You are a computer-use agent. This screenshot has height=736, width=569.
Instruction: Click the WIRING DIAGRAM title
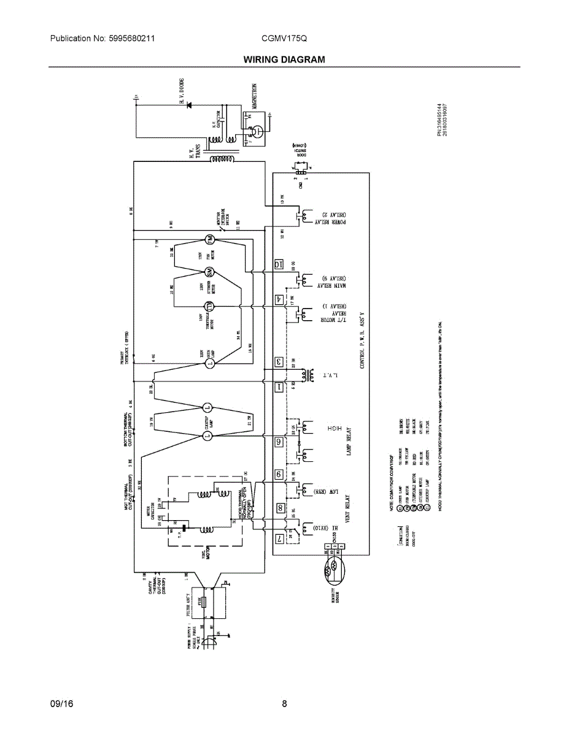pos(284,59)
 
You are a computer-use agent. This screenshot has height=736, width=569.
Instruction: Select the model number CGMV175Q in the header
pos(284,38)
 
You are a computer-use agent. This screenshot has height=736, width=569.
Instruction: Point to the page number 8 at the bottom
pos(284,703)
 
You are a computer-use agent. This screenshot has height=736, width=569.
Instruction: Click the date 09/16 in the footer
pos(61,703)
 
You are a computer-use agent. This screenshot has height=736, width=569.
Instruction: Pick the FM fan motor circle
pos(209,239)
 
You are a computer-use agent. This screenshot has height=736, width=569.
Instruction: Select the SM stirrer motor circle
pos(209,272)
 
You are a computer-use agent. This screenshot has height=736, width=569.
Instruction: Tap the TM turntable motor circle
pos(209,305)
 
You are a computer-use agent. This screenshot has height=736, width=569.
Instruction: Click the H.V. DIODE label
pos(182,92)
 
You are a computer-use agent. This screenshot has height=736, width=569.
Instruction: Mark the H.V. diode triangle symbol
pos(188,105)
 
